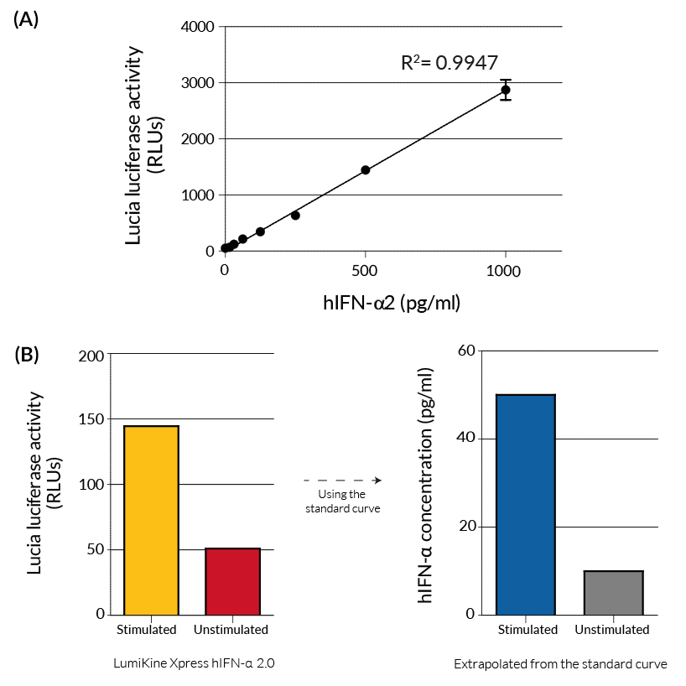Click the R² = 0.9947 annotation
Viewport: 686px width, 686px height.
coord(450,63)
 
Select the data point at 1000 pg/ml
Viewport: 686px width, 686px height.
coord(506,90)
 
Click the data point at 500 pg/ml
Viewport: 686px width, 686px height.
coord(366,170)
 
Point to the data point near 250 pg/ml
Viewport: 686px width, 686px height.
coord(295,216)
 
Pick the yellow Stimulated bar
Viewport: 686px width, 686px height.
coord(152,520)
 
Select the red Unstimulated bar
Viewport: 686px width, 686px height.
coord(232,581)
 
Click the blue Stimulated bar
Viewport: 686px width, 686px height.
coord(526,504)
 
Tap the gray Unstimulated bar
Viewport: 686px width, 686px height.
coord(613,592)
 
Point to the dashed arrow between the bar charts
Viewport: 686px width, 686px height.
coord(342,481)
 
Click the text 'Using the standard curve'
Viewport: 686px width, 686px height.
coord(341,502)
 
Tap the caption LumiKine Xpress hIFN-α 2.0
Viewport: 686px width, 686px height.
coord(194,663)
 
